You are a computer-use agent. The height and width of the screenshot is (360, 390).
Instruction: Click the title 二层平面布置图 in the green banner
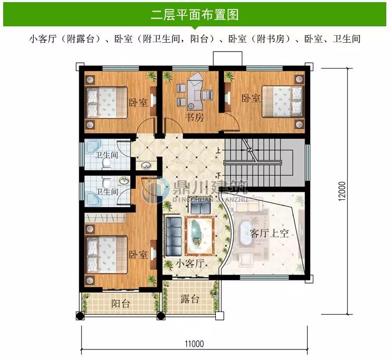[x=195, y=14]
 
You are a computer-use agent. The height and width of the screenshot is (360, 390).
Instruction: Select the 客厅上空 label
[x=269, y=233]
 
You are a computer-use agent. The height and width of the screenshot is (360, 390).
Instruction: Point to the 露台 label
[x=190, y=299]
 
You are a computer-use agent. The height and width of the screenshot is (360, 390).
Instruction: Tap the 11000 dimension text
[x=194, y=344]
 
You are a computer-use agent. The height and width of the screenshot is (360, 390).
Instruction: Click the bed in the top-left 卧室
[x=106, y=102]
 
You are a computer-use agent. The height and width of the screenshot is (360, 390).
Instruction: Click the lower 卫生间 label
[x=106, y=191]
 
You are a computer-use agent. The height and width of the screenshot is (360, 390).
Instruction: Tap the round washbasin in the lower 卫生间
[x=125, y=181]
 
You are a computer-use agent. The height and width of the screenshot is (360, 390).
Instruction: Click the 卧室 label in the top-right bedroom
[x=251, y=99]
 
